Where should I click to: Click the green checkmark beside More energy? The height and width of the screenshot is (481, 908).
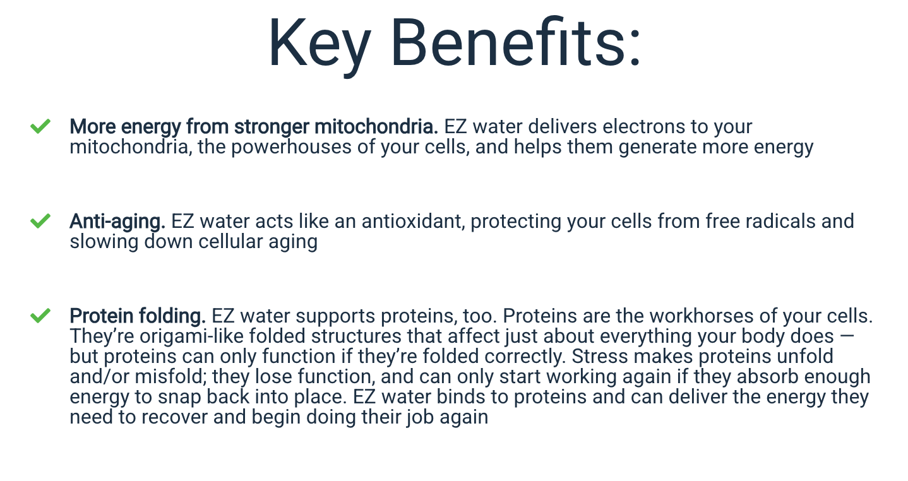pyautogui.click(x=40, y=126)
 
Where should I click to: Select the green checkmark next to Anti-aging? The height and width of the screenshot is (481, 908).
pyautogui.click(x=40, y=221)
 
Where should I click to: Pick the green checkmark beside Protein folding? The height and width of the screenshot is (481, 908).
pyautogui.click(x=40, y=316)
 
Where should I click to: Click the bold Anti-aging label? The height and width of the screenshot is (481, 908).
pyautogui.click(x=117, y=222)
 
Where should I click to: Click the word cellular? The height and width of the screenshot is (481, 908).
pyautogui.click(x=230, y=242)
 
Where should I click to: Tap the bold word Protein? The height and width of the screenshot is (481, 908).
pyautogui.click(x=101, y=316)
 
